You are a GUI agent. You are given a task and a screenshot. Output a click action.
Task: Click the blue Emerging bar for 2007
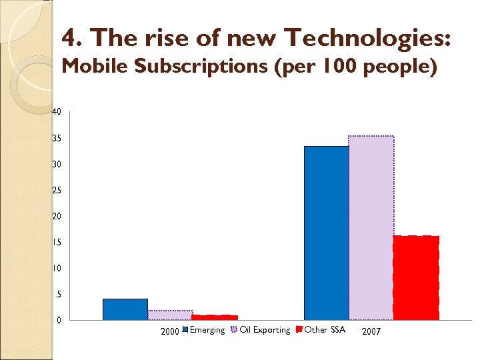pyautogui.click(x=326, y=233)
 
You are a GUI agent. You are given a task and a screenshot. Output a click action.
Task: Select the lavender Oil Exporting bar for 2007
pyautogui.click(x=371, y=228)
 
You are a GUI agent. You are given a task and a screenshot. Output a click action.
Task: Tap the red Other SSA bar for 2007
pyautogui.click(x=416, y=277)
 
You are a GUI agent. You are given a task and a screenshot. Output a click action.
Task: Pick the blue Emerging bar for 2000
pyautogui.click(x=125, y=309)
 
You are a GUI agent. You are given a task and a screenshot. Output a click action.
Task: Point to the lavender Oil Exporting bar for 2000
pyautogui.click(x=170, y=315)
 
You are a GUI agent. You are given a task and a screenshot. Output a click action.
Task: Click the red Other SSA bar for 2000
pyautogui.click(x=215, y=317)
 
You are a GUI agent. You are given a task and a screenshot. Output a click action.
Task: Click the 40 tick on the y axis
pyautogui.click(x=57, y=112)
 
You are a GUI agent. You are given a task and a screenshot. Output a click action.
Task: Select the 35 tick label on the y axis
pyautogui.click(x=57, y=139)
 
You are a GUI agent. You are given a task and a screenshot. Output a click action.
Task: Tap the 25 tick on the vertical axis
pyautogui.click(x=57, y=191)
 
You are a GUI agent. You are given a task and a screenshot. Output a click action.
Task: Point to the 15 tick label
pyautogui.click(x=57, y=243)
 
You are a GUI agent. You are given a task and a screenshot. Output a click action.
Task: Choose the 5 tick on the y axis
pyautogui.click(x=59, y=295)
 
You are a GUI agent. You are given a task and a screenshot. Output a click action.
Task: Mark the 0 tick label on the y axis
pyautogui.click(x=59, y=321)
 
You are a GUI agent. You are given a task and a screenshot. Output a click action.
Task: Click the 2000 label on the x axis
pyautogui.click(x=170, y=331)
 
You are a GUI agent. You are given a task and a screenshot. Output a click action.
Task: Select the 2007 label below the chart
pyautogui.click(x=371, y=331)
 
